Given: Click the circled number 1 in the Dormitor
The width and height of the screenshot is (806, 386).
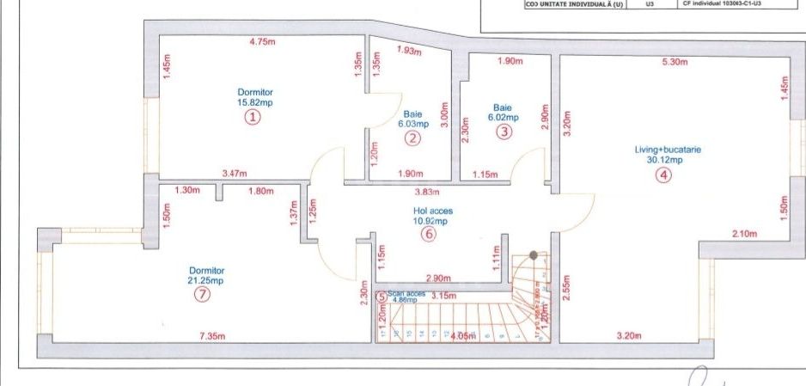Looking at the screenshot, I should point(253,118).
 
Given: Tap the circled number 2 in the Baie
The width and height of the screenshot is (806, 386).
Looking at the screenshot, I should point(413,138).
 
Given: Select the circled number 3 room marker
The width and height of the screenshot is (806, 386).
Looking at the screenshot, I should point(504,132).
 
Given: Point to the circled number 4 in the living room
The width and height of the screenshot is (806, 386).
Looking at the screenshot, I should point(663,175).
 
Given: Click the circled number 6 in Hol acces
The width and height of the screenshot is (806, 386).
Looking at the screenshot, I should point(430,234).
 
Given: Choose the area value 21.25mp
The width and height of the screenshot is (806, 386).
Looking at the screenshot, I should point(205,280).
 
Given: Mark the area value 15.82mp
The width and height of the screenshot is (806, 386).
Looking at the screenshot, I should point(254,103).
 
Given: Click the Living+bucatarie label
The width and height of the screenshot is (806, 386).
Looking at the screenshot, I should point(669,149).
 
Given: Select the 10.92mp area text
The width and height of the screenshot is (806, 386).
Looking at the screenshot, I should point(430,220).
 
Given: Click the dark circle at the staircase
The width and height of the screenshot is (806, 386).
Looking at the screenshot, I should point(534,255).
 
